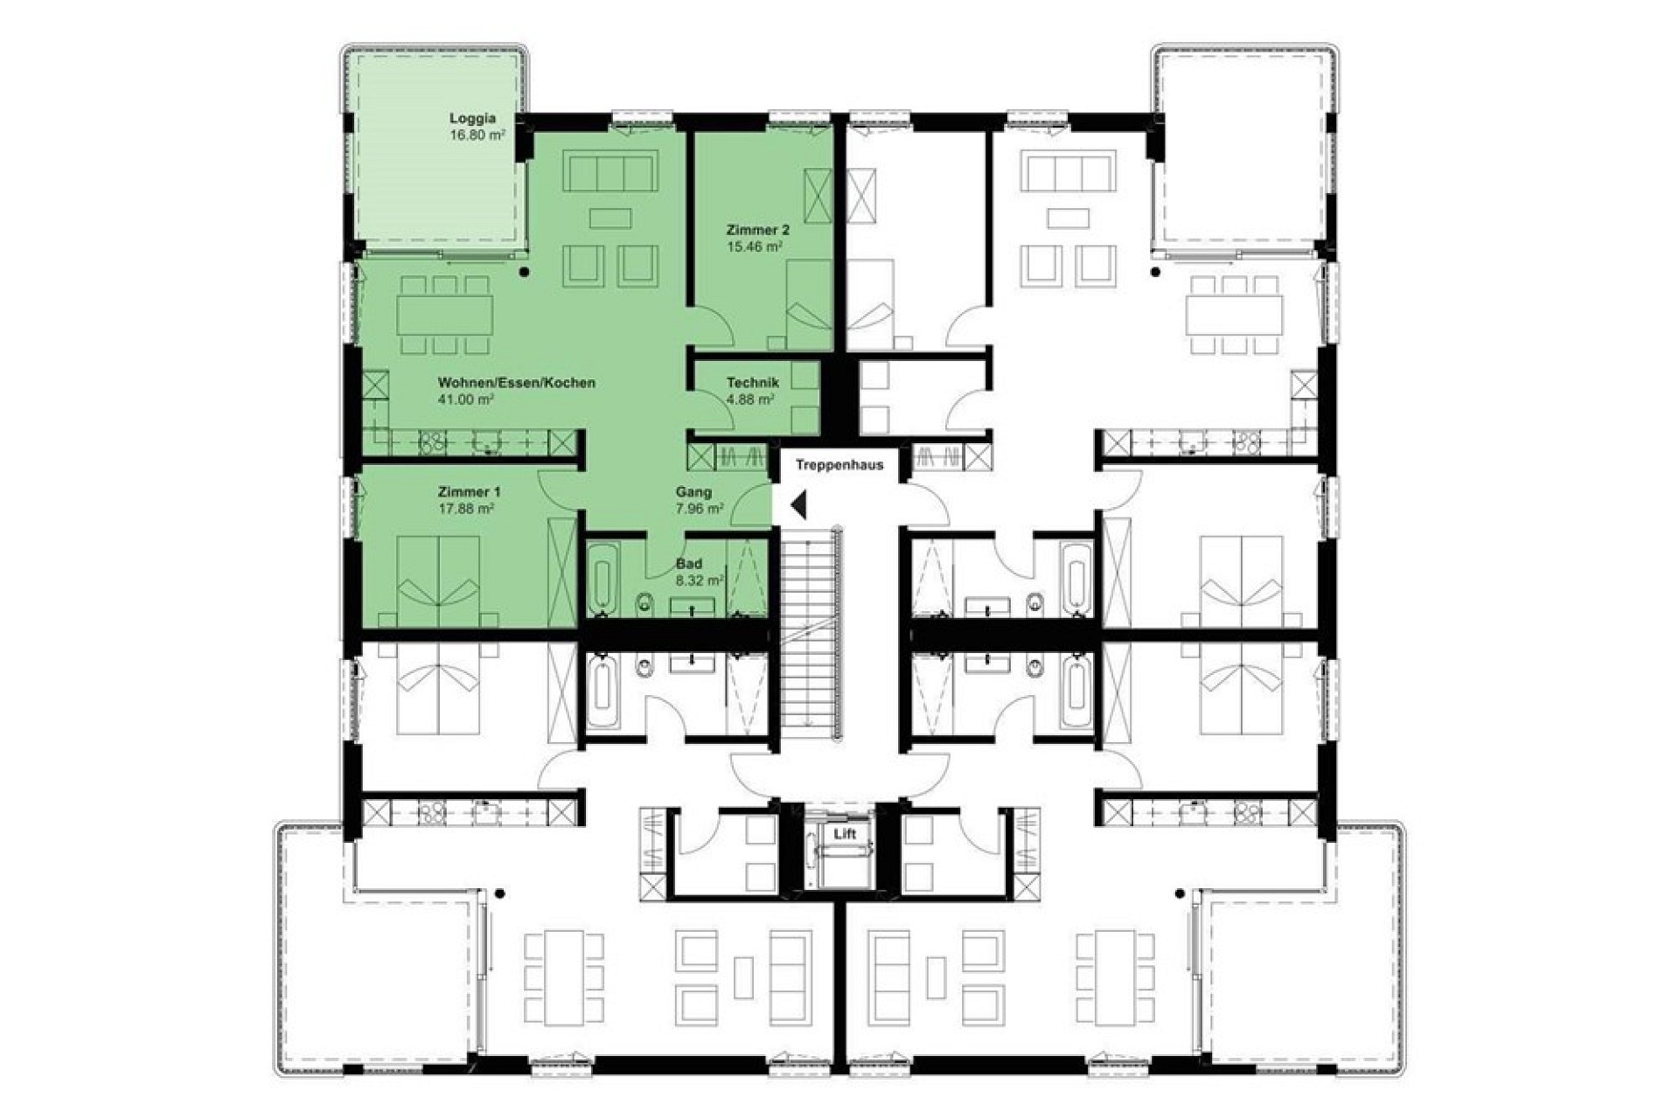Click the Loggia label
(473, 119)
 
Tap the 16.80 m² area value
(477, 136)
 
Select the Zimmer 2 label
(757, 230)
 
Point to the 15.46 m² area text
(754, 247)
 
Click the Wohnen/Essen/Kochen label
(517, 383)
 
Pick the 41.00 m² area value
(466, 400)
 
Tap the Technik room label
(752, 383)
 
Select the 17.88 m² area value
(466, 508)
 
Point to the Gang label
(693, 492)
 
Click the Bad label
(688, 564)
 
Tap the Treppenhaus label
(839, 465)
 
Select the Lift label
(845, 834)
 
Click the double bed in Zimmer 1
(439, 579)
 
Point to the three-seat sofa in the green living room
(610, 171)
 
